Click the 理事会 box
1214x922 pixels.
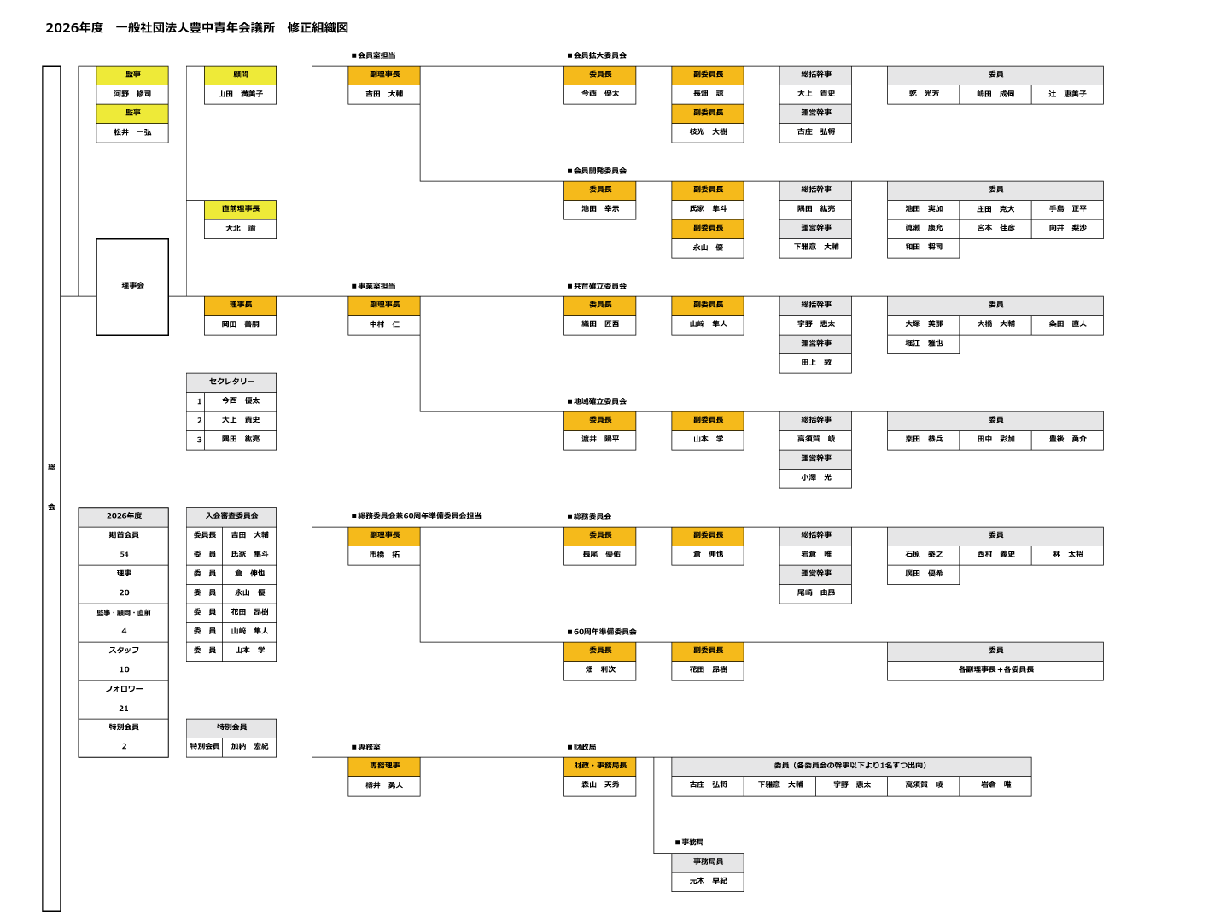click(132, 286)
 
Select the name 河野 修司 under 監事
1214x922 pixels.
click(132, 94)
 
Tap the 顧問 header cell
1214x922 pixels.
click(240, 75)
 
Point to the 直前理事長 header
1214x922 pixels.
click(240, 209)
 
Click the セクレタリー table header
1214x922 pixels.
click(231, 382)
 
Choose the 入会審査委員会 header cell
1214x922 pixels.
click(231, 516)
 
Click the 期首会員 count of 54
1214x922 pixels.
click(124, 555)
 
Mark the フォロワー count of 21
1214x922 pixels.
click(124, 709)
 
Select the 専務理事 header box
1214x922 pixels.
click(384, 766)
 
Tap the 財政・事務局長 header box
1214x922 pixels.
click(599, 766)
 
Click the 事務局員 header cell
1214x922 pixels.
click(708, 862)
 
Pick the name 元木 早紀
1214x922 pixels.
click(708, 881)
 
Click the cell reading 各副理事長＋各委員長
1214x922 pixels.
click(995, 670)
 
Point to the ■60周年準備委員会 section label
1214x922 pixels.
click(602, 632)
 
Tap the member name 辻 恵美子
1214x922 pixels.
click(1067, 94)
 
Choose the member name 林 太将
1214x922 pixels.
click(1067, 555)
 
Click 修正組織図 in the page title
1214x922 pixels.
click(318, 28)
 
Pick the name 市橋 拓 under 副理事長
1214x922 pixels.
click(384, 555)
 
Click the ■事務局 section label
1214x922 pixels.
click(690, 843)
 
